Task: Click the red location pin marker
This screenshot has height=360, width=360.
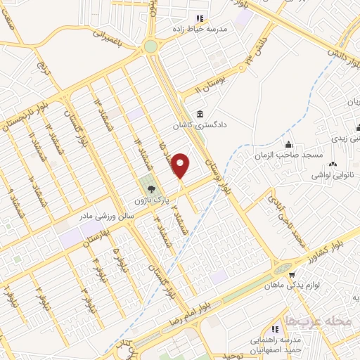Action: pyautogui.click(x=181, y=166)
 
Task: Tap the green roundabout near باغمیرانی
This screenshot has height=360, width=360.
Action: pyautogui.click(x=150, y=46)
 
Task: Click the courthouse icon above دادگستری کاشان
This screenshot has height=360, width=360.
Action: pyautogui.click(x=200, y=115)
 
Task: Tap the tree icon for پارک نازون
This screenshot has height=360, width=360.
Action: pyautogui.click(x=149, y=189)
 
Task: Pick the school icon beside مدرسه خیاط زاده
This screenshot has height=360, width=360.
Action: pyautogui.click(x=199, y=18)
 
